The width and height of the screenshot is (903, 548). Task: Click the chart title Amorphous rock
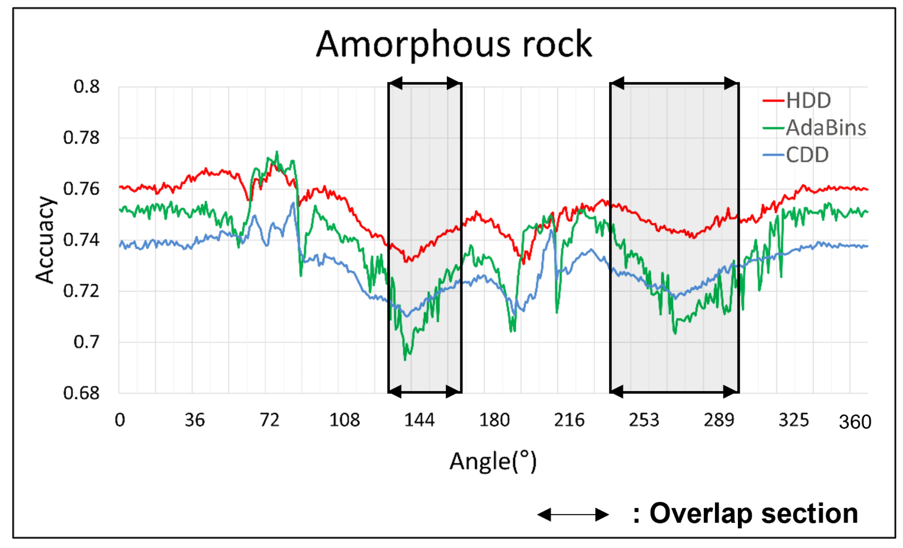[x=454, y=45]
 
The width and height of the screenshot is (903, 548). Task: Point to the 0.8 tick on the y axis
[x=87, y=86]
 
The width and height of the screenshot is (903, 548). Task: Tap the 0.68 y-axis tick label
[x=82, y=393]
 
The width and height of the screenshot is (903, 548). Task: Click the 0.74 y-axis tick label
[x=82, y=240]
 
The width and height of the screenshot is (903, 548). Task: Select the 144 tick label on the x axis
[x=419, y=420]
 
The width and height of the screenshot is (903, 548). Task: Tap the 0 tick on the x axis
[x=120, y=420]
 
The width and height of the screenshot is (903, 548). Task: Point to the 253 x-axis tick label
[x=644, y=420]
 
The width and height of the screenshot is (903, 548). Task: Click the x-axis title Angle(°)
[x=493, y=462]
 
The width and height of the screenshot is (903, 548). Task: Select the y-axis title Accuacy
[x=45, y=240]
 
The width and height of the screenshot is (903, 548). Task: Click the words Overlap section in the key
[x=753, y=513]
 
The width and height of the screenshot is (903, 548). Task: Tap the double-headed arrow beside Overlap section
[x=573, y=515]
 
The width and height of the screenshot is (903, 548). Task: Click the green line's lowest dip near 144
[x=405, y=359]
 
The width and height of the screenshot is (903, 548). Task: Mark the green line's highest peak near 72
[x=277, y=152]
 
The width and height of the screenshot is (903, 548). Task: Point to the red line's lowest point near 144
[x=406, y=261]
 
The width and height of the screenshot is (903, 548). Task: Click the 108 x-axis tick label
[x=344, y=420]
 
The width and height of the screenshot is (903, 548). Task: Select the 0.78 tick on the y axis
[x=82, y=138]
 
